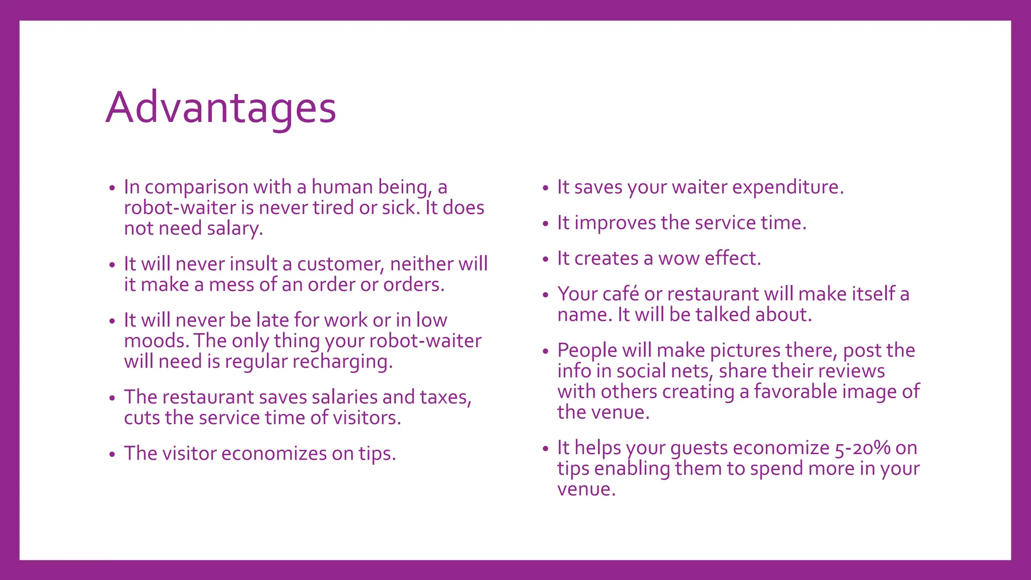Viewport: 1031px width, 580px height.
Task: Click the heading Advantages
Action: tap(220, 108)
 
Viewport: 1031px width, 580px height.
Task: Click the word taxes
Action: tap(445, 397)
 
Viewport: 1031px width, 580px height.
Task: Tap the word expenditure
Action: tap(787, 187)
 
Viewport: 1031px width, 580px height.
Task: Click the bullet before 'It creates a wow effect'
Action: tap(545, 260)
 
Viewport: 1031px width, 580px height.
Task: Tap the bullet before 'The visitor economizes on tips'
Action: tap(112, 455)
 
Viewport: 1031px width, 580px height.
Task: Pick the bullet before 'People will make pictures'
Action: tap(545, 351)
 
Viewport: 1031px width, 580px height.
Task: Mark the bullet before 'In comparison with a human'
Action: tap(112, 188)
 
